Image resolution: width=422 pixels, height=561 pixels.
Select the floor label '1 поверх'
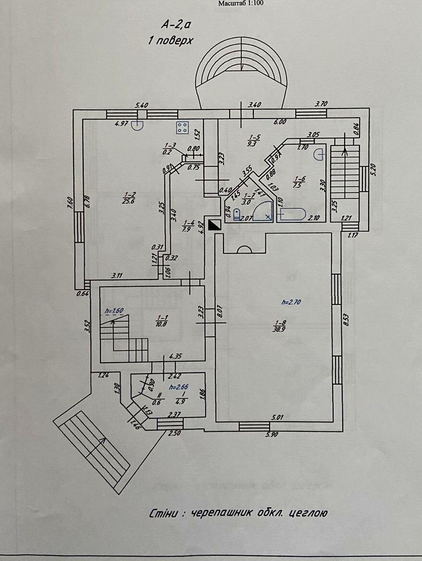click(171, 41)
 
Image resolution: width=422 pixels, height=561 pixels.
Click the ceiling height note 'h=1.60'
click(114, 311)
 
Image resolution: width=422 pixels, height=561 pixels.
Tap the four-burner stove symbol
click(182, 127)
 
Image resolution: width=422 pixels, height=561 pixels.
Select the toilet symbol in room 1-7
click(236, 214)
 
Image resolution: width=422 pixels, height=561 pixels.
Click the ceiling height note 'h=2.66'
click(178, 386)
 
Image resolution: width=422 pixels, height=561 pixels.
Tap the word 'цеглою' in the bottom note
click(308, 512)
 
